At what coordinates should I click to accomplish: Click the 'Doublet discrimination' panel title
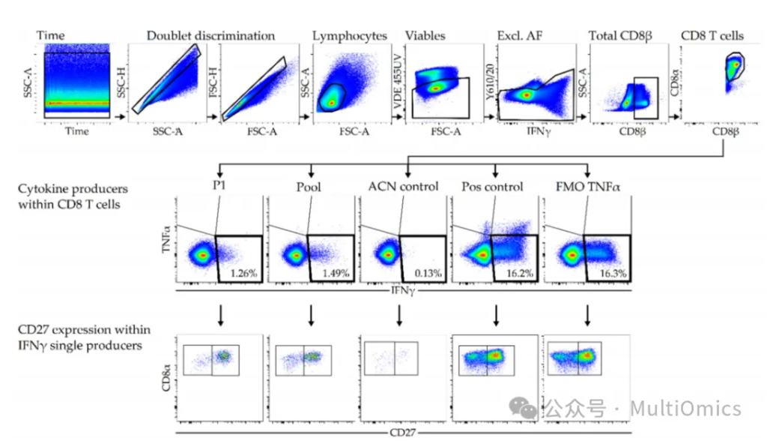coord(210,35)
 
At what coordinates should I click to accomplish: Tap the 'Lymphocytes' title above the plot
coord(350,35)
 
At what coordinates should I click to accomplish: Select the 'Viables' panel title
coord(425,35)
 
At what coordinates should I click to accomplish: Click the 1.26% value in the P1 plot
coord(244,274)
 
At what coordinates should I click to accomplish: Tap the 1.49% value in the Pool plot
coord(336,274)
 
